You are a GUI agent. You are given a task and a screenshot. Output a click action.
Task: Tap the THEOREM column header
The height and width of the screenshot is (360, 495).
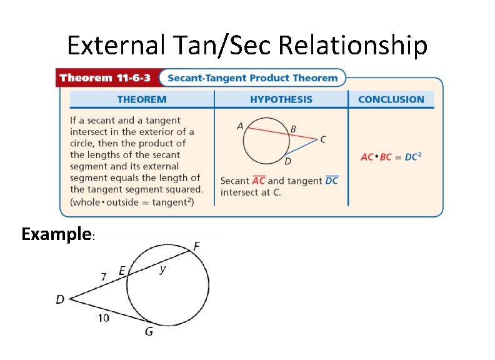(142, 99)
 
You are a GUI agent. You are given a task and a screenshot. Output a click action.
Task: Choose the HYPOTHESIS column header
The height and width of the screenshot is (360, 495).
(281, 99)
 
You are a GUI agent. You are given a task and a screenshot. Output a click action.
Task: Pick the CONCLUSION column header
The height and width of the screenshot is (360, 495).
(391, 99)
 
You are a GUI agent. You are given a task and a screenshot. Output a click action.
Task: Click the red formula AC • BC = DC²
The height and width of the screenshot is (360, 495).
(391, 156)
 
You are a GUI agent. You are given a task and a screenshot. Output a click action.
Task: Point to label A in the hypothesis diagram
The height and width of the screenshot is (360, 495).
(240, 126)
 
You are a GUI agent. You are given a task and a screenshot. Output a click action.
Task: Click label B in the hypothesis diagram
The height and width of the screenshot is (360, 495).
(293, 129)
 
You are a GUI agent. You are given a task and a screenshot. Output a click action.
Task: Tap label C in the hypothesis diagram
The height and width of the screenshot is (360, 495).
(322, 140)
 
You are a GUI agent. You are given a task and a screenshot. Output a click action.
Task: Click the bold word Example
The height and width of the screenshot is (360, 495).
(56, 234)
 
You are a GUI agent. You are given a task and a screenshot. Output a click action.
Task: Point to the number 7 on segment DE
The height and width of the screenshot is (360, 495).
(104, 275)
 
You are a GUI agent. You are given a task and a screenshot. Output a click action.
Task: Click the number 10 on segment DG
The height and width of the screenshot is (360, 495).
(103, 318)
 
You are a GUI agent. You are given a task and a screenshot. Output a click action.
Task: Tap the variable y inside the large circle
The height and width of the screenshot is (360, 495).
(162, 269)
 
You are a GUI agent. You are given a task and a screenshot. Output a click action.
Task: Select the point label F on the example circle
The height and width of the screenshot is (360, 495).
(196, 246)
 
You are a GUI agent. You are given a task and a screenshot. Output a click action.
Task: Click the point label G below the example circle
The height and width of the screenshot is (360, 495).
(149, 332)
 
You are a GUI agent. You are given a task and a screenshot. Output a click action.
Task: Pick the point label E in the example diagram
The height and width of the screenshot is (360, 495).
(122, 271)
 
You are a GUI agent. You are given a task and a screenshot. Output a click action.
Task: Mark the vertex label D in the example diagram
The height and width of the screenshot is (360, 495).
(60, 299)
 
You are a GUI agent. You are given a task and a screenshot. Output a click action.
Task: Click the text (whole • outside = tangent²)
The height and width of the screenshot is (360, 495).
(132, 201)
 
